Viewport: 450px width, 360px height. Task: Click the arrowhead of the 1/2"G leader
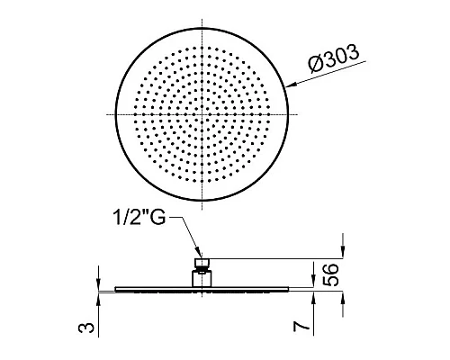click(x=198, y=256)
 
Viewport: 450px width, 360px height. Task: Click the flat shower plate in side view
click(x=202, y=289)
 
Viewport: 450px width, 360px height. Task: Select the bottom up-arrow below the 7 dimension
click(x=342, y=298)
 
